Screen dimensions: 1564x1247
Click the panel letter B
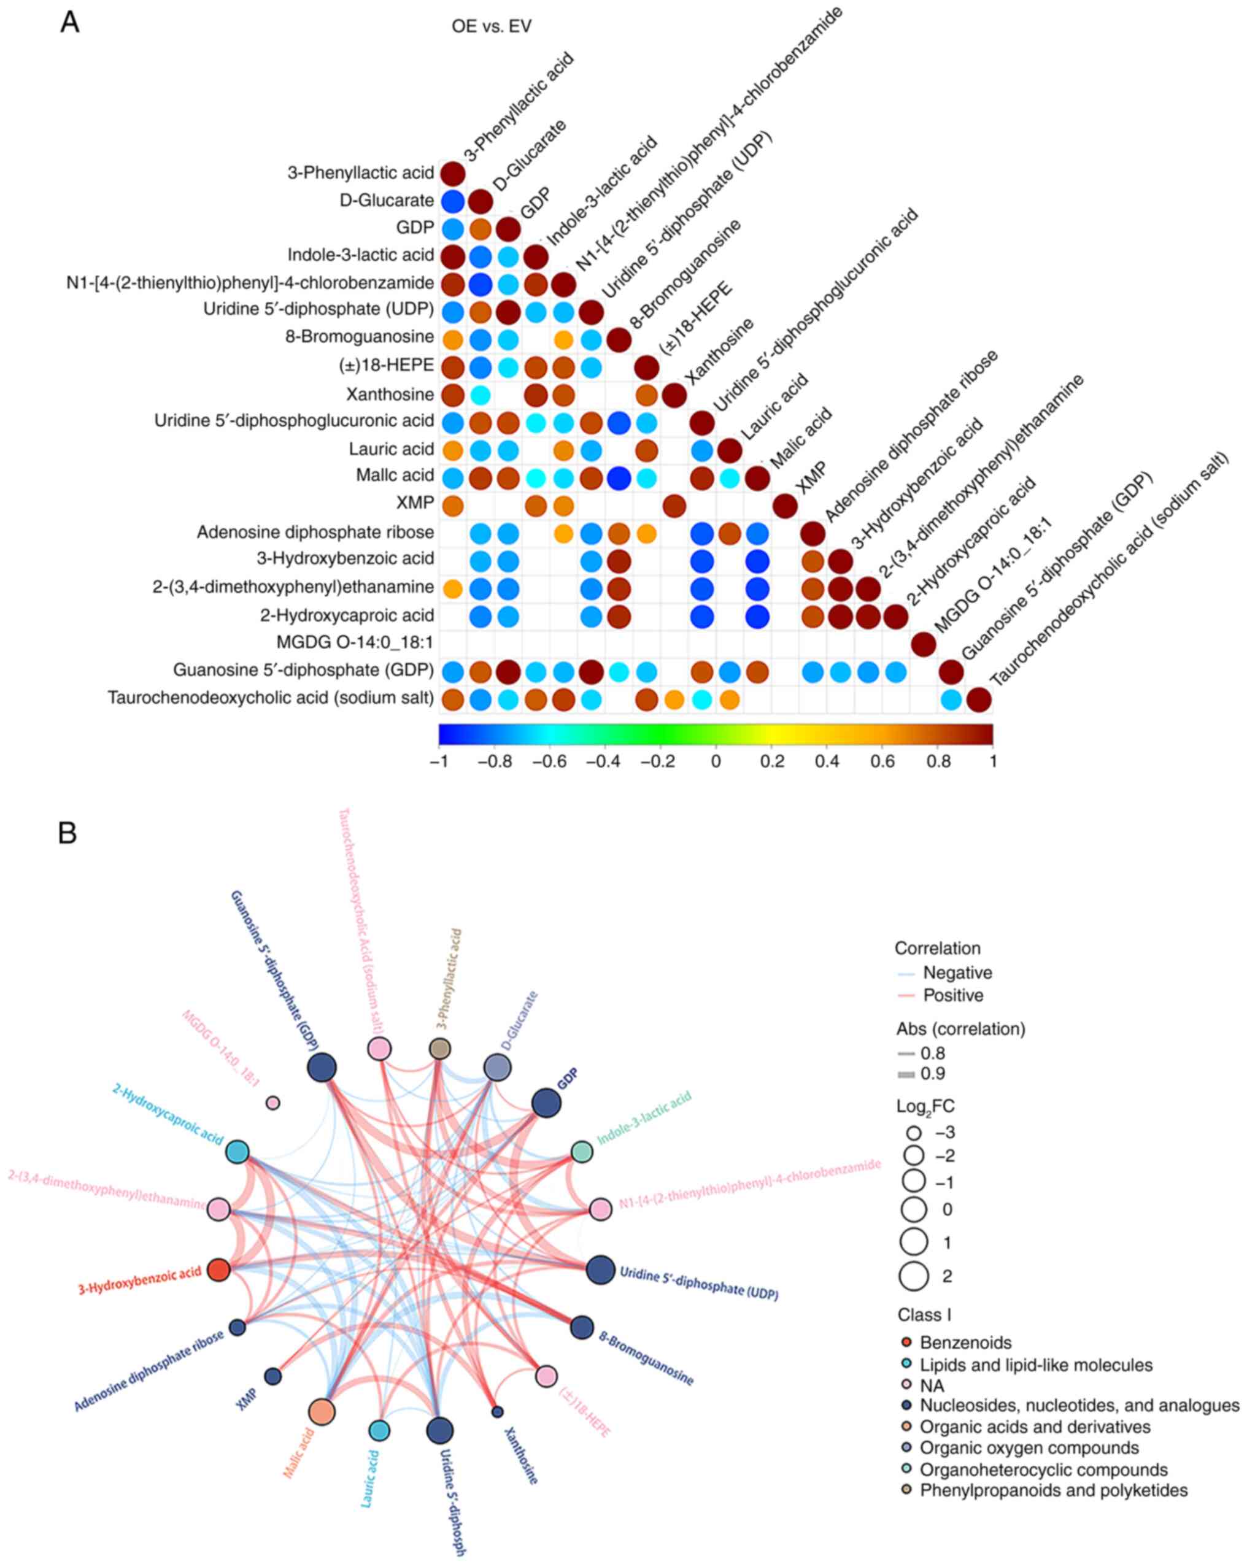68,833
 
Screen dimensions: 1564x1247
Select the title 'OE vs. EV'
491,27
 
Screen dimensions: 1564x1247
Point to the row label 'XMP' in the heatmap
415,503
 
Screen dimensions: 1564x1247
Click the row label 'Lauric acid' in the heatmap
391,449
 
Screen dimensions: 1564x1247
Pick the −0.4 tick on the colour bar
605,761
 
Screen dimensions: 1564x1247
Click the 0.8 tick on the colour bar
937,761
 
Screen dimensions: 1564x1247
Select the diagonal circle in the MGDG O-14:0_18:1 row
923,644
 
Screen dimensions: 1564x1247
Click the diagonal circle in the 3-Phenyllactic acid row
453,174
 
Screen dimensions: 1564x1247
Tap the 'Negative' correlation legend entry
957,973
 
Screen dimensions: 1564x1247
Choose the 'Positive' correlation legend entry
952,995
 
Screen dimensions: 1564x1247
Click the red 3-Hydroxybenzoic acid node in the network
219,1270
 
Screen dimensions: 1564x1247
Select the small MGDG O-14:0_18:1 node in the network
272,1103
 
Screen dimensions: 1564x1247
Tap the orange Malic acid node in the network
322,1412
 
